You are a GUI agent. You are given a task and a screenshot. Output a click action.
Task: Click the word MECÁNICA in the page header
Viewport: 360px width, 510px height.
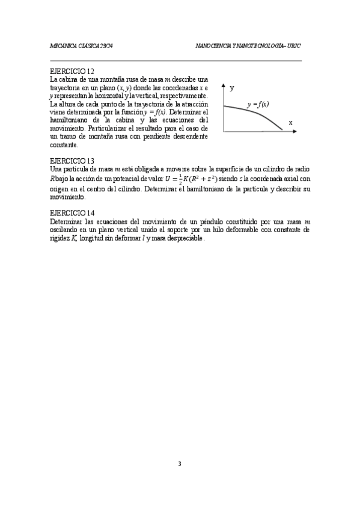63,46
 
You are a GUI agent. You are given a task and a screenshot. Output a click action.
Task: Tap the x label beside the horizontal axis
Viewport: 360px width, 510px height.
290,122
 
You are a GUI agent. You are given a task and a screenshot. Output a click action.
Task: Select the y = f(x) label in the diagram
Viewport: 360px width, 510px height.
258,104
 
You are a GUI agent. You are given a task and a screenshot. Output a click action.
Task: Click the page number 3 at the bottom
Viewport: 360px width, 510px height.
180,464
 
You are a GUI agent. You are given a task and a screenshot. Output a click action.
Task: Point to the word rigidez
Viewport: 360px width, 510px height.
60,238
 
